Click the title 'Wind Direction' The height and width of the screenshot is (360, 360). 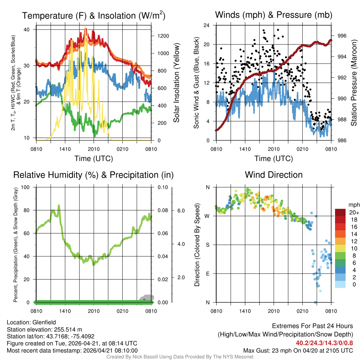[274, 175]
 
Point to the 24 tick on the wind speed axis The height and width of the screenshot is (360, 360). [207, 25]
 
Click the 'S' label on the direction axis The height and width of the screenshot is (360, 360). [207, 245]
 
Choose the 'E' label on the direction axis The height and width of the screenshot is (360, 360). [207, 274]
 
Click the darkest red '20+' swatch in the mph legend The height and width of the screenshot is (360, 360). [341, 212]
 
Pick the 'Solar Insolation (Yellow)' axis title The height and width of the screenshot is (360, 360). [176, 83]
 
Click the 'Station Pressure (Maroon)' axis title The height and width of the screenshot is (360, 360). [354, 83]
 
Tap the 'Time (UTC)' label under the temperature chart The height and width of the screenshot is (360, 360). [94, 159]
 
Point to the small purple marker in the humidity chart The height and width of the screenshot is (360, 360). [144, 299]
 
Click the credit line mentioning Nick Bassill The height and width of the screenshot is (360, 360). [180, 357]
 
